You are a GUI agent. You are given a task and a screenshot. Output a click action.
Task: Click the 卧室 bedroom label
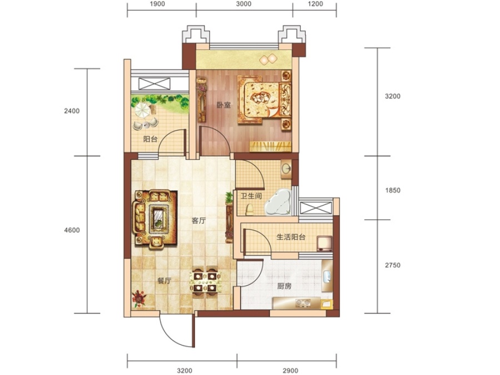click(223, 105)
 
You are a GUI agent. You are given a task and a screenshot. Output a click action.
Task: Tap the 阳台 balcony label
click(150, 139)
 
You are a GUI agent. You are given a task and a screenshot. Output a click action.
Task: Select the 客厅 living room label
click(199, 221)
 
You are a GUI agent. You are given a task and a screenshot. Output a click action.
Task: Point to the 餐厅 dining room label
click(164, 281)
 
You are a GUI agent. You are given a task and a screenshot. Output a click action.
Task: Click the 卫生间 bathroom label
click(251, 196)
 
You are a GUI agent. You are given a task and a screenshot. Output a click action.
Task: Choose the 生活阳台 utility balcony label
click(291, 237)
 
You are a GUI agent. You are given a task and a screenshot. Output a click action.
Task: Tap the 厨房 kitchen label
click(284, 286)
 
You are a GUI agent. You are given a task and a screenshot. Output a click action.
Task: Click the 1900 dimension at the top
click(157, 4)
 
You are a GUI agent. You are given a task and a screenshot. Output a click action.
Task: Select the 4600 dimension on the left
click(72, 230)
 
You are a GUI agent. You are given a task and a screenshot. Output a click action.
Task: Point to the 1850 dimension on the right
click(393, 191)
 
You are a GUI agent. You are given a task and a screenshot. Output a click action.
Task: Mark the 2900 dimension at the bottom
click(291, 371)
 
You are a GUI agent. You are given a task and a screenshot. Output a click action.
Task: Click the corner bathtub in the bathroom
click(278, 202)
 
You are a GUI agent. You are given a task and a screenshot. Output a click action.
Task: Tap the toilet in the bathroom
click(249, 209)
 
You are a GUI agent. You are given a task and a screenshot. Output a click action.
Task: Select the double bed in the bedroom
click(264, 99)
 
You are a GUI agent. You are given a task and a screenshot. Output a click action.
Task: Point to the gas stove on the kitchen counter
click(303, 302)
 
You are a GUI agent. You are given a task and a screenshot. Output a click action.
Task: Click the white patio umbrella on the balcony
click(142, 110)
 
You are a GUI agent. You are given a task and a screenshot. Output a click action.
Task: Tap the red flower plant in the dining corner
click(139, 298)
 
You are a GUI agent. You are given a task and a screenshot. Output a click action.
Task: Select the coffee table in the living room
click(159, 219)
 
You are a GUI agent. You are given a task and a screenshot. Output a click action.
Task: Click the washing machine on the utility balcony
click(324, 243)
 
